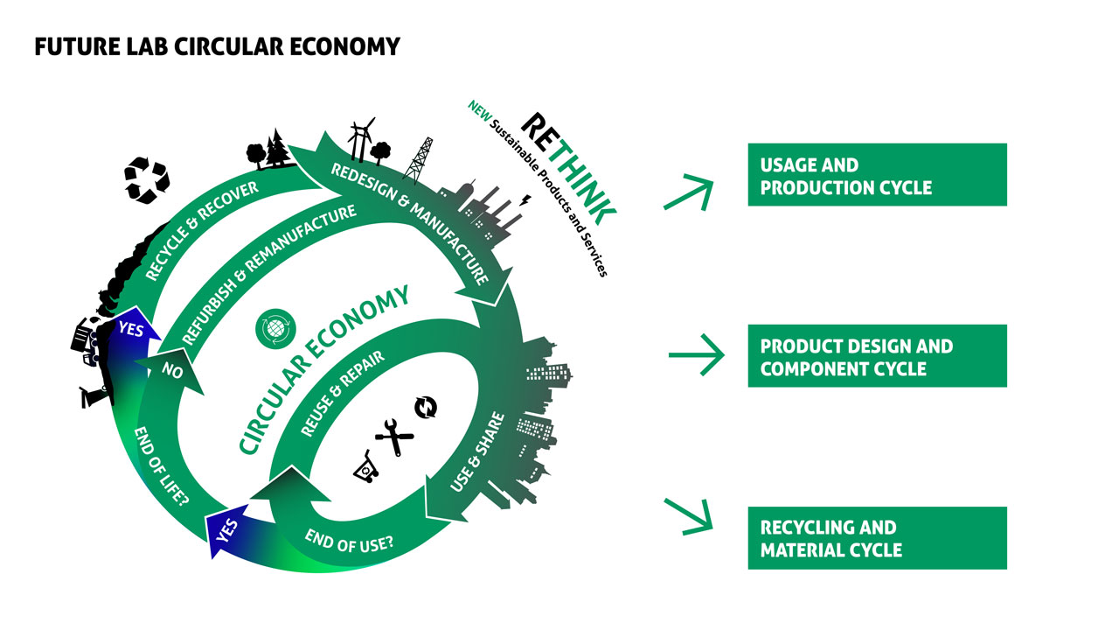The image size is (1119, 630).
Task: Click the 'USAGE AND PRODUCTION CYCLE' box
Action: (x=877, y=175)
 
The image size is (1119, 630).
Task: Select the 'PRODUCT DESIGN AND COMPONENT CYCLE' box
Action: (x=877, y=356)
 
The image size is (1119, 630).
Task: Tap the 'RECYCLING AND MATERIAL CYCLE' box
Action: (x=877, y=538)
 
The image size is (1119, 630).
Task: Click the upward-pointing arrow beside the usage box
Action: (x=689, y=191)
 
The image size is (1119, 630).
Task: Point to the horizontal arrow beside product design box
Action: (x=696, y=355)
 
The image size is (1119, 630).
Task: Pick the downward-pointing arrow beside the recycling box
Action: (x=689, y=515)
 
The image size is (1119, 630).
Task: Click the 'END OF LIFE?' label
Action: (x=161, y=468)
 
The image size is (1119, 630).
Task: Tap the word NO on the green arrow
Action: (x=172, y=370)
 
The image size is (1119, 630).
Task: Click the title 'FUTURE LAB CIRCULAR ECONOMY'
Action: (x=217, y=46)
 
